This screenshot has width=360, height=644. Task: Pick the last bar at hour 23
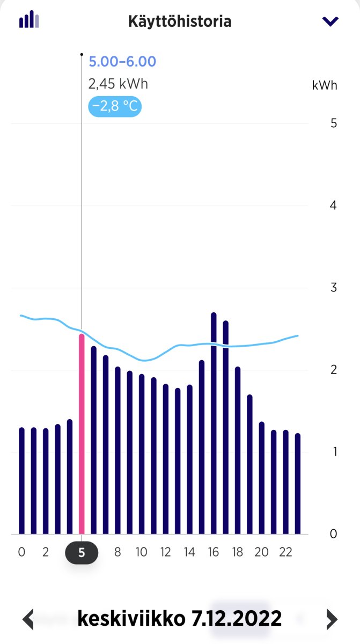tap(298, 484)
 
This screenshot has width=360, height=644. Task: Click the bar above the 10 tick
tap(142, 454)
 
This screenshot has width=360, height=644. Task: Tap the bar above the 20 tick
tap(262, 478)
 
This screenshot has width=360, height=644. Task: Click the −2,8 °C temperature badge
tap(115, 106)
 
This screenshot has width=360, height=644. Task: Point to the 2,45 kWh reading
tap(118, 84)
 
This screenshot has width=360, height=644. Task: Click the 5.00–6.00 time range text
tap(122, 62)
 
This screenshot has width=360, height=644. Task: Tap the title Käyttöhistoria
tap(180, 22)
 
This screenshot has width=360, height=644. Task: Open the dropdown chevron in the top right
tap(330, 21)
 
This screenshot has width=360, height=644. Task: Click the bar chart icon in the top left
tap(29, 19)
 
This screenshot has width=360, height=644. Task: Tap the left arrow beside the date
tap(28, 619)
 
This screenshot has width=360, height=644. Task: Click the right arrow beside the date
tap(332, 619)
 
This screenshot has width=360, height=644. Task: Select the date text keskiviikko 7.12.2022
tap(180, 618)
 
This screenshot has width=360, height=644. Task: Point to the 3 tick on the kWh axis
tap(334, 287)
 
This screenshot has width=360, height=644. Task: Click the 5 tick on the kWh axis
tap(334, 123)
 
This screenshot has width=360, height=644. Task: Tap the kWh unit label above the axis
tap(325, 85)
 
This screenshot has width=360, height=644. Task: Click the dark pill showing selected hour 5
tap(82, 553)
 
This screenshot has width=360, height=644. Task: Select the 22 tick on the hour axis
tap(285, 552)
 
